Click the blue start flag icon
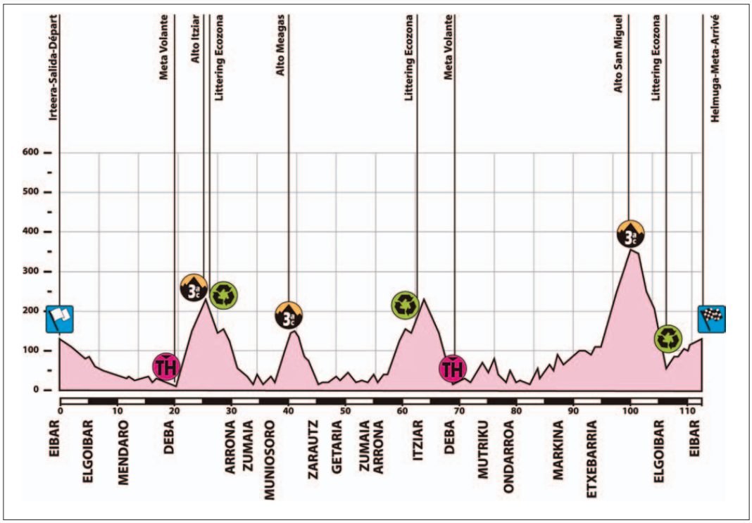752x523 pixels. point(59,320)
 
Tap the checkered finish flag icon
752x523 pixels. point(712,319)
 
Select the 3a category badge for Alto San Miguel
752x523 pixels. point(631,234)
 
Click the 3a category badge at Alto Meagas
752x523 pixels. point(289,315)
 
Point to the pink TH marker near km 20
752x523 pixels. point(165,366)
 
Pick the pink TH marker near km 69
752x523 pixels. point(453,368)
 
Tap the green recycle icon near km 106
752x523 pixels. point(667,339)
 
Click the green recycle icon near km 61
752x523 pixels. point(406,305)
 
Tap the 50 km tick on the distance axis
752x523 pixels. point(345,410)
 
